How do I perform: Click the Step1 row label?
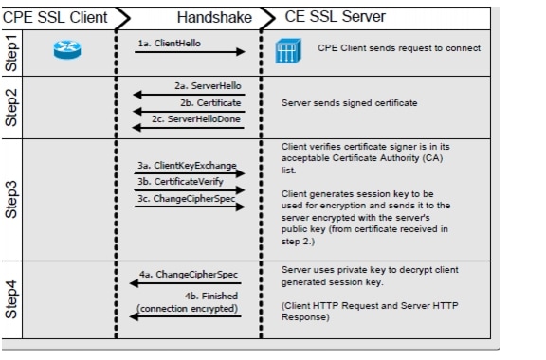pyautogui.click(x=14, y=55)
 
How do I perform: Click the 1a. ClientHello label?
pyautogui.click(x=170, y=44)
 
